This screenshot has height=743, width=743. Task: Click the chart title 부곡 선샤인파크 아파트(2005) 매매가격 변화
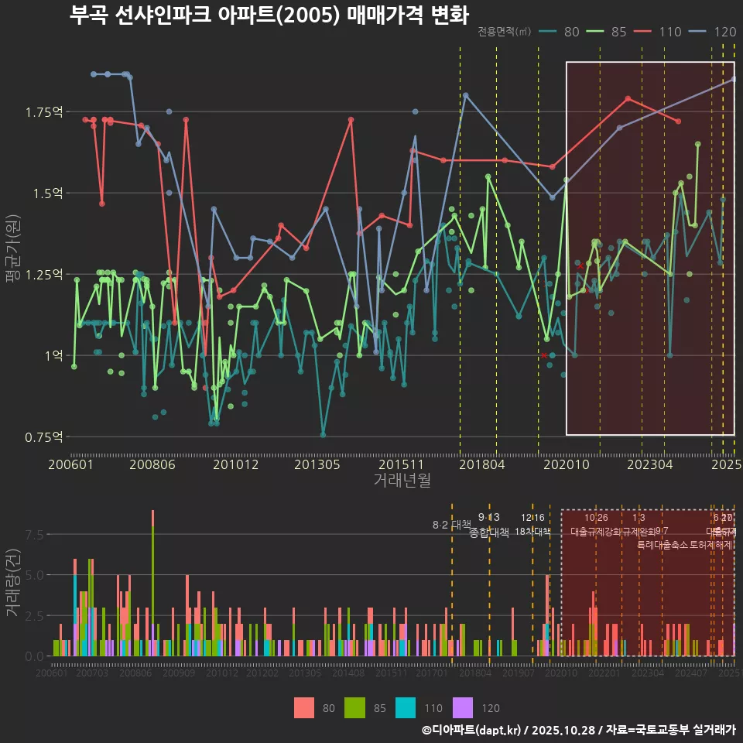click(269, 15)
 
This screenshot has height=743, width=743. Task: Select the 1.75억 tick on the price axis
click(43, 112)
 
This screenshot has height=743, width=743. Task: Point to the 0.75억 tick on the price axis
click(43, 437)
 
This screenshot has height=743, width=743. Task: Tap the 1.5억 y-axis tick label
click(46, 193)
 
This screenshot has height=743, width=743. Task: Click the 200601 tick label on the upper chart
click(71, 465)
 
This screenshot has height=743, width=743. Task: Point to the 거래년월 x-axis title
click(402, 481)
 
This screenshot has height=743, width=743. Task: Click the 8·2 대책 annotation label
click(451, 525)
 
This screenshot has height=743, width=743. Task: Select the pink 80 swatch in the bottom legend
click(304, 707)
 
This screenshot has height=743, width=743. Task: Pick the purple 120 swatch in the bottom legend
click(462, 707)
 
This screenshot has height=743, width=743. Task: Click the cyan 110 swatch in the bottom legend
click(406, 707)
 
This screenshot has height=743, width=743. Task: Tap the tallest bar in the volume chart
click(152, 583)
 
